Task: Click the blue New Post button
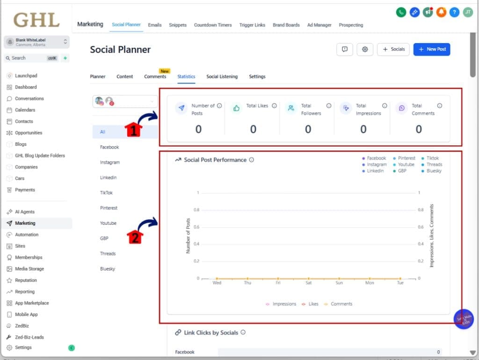pyautogui.click(x=431, y=49)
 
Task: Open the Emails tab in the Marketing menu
pyautogui.click(x=154, y=25)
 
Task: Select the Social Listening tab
pyautogui.click(x=222, y=77)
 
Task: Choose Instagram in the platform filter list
pyautogui.click(x=110, y=162)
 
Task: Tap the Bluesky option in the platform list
pyautogui.click(x=108, y=269)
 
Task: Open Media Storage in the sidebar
pyautogui.click(x=29, y=269)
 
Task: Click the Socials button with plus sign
pyautogui.click(x=393, y=49)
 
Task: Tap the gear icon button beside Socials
pyautogui.click(x=365, y=49)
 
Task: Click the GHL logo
pyautogui.click(x=36, y=20)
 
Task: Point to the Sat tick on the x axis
pyautogui.click(x=308, y=283)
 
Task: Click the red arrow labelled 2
pyautogui.click(x=134, y=237)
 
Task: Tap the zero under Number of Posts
pyautogui.click(x=198, y=130)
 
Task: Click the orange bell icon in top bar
pyautogui.click(x=441, y=13)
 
